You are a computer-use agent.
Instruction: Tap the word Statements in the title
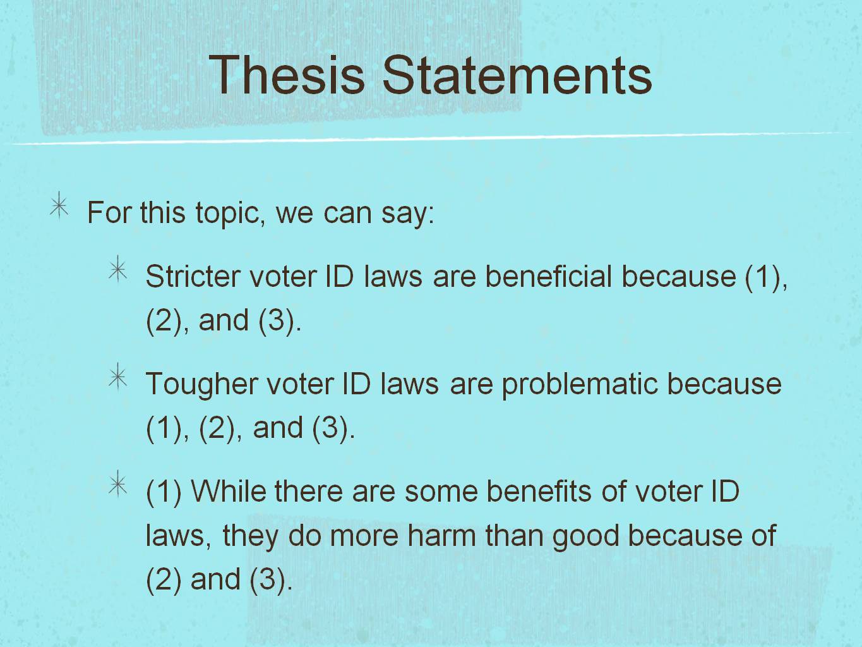(517, 75)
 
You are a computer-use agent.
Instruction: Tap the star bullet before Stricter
(118, 270)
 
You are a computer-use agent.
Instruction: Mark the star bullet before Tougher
(118, 378)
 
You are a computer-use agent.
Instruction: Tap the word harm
(442, 536)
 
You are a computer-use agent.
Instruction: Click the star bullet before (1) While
(118, 485)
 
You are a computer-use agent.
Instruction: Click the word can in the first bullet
(347, 214)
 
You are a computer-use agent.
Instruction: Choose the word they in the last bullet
(250, 536)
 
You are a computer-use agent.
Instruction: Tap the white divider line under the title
(429, 138)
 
